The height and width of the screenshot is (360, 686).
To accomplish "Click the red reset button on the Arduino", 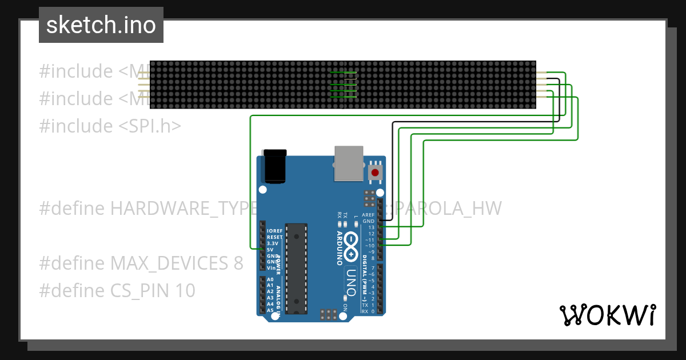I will tap(375, 173).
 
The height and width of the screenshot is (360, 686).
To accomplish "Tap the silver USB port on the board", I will tap(349, 163).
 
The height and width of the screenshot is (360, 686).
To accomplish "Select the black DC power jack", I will tap(274, 166).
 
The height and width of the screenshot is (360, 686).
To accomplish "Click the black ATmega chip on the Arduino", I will tap(297, 268).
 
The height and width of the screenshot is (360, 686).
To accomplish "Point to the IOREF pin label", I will tap(275, 231).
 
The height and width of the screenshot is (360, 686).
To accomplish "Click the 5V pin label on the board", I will tap(270, 250).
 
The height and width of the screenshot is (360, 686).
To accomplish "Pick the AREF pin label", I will tap(369, 215).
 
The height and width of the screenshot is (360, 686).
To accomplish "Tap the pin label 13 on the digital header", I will tap(371, 227).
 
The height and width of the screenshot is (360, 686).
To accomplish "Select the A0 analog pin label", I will tap(270, 279).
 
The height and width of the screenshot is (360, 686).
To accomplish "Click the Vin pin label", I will tap(270, 268).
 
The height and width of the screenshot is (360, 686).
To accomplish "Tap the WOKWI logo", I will tap(607, 315).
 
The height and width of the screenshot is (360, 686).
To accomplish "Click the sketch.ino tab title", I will tap(101, 25).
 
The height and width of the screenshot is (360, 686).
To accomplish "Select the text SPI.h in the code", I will tap(150, 126).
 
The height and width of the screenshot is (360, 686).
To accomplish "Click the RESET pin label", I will tap(274, 237).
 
